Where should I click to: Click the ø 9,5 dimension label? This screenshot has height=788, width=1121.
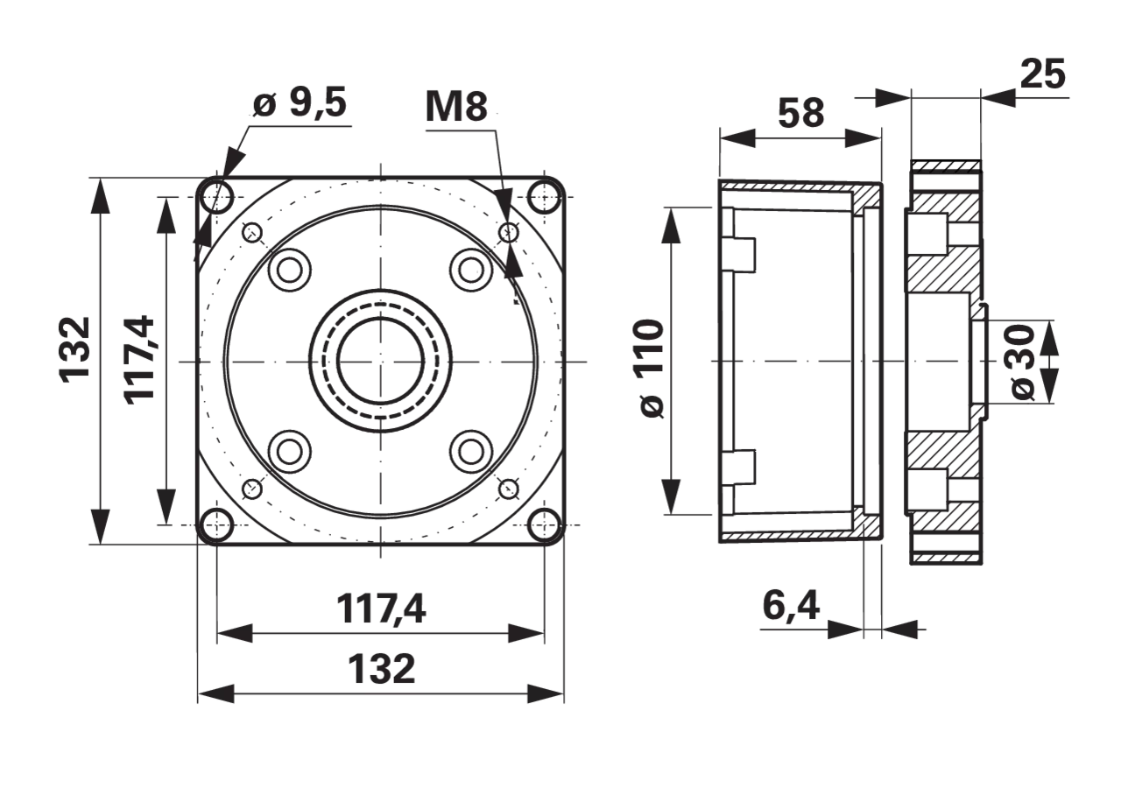point(300,103)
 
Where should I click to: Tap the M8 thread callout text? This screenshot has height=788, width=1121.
point(456,107)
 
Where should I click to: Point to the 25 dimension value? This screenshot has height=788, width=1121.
point(1043,74)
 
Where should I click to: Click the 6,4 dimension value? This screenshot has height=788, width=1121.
point(791,607)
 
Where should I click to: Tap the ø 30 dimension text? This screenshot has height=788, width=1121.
point(1023,362)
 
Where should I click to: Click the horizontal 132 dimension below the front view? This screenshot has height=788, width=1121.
point(381,668)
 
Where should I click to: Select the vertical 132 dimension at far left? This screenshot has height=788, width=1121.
point(75,349)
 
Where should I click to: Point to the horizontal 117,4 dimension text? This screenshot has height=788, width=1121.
point(381,609)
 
